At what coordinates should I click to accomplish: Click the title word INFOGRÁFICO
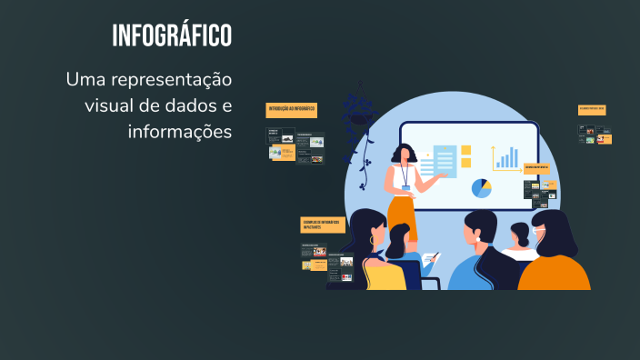(x=172, y=36)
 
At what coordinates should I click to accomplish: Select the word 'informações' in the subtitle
(x=180, y=131)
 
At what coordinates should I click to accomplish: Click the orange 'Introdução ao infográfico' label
(x=292, y=110)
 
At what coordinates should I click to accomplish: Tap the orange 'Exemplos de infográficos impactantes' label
(x=323, y=224)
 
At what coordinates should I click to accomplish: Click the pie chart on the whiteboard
(x=482, y=188)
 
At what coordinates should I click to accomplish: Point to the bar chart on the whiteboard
(x=505, y=158)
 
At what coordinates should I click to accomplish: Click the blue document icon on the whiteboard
(x=445, y=162)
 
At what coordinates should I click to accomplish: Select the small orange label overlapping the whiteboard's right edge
(x=537, y=168)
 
